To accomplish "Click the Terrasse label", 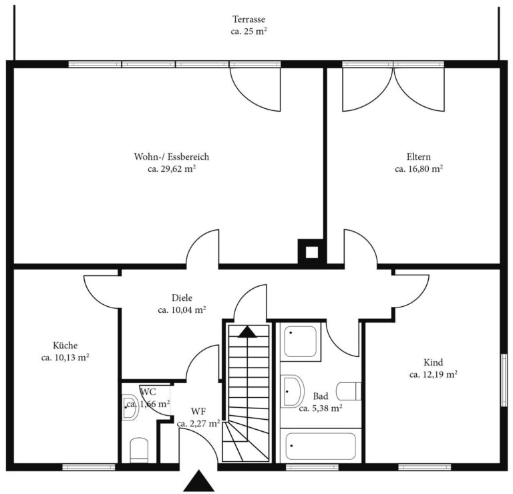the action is (x=248, y=19).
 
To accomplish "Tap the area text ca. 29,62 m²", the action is (x=172, y=169).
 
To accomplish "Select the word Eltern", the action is (x=419, y=157).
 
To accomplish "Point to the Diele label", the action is (x=182, y=298).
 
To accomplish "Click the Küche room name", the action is (x=65, y=346).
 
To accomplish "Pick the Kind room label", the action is (x=434, y=362).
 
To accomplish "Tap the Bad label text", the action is (x=321, y=396).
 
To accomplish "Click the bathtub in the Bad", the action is (x=321, y=446).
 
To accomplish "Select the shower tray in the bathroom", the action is (x=301, y=342).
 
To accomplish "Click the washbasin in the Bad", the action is (x=293, y=391).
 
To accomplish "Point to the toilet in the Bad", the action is (x=349, y=391).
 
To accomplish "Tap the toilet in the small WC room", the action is (x=139, y=451).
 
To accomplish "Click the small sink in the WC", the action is (x=130, y=407).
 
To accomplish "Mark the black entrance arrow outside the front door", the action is (x=199, y=481).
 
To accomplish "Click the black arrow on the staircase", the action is (x=247, y=332).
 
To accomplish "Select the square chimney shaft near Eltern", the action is (x=312, y=252).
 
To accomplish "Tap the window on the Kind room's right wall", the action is (x=504, y=380).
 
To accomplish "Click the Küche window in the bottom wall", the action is (x=89, y=467).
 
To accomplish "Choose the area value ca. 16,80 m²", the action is (x=419, y=169).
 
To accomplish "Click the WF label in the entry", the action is (x=198, y=411).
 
